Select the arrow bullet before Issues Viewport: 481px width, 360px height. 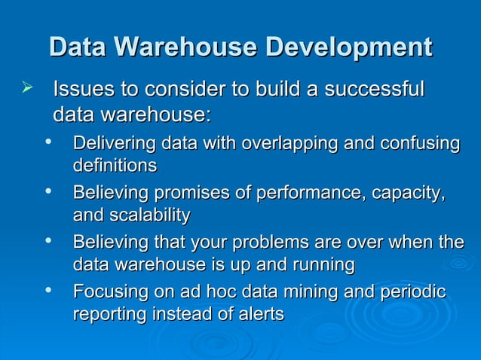(28, 91)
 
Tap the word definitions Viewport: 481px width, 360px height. (115, 165)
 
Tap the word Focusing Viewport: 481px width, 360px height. (106, 292)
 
